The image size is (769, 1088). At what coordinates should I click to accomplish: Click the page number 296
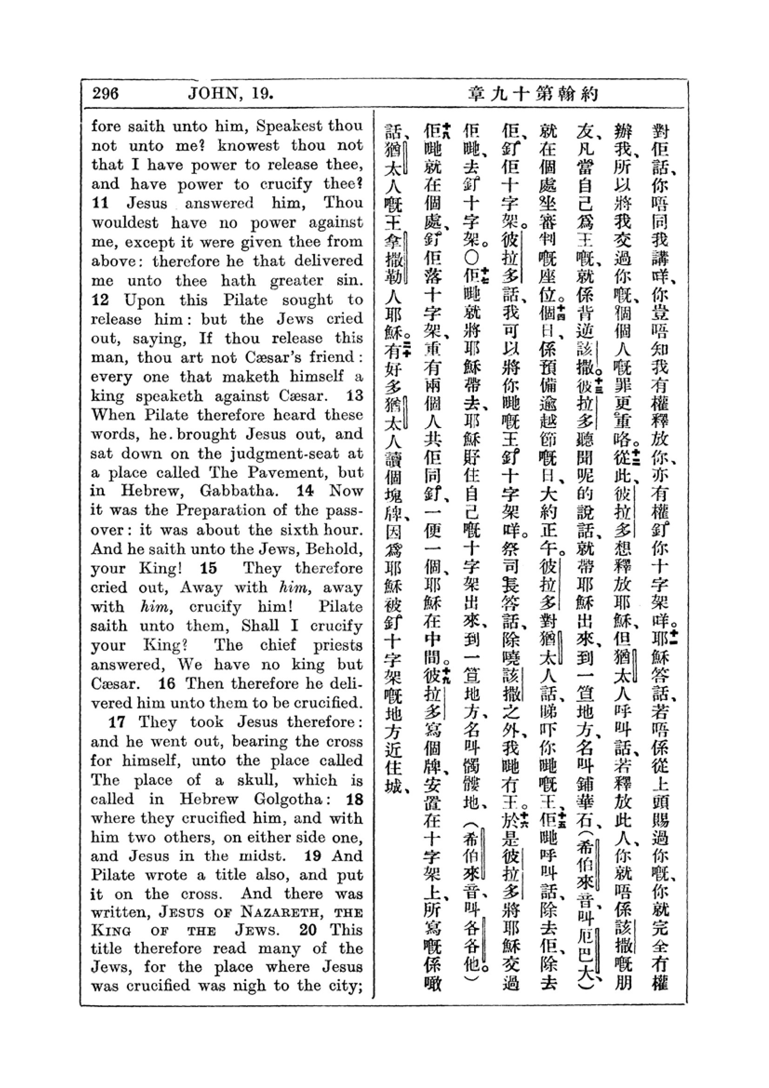(106, 93)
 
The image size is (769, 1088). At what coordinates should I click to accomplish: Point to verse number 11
(100, 203)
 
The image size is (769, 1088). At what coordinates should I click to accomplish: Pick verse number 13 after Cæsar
(355, 396)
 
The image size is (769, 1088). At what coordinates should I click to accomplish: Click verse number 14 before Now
(306, 491)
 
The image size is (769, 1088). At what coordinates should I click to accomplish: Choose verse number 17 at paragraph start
(117, 722)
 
